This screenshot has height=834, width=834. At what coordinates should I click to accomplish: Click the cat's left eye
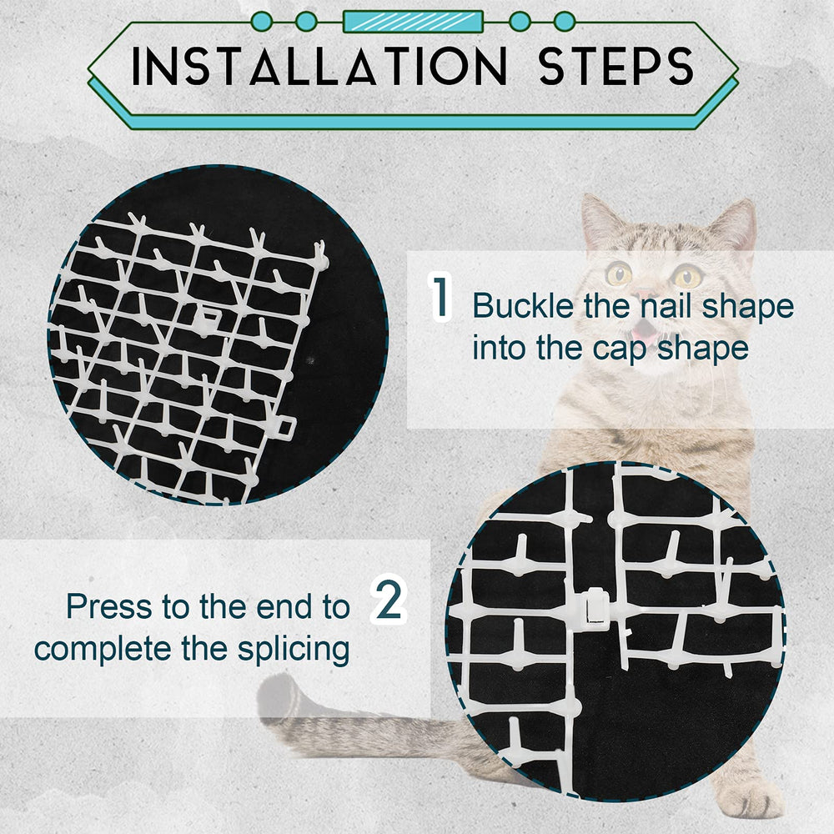[x=619, y=274]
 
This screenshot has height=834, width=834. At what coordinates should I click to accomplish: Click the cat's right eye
[x=687, y=276]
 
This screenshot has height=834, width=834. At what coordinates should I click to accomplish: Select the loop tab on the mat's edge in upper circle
[x=284, y=428]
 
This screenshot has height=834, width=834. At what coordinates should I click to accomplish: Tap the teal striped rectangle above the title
[x=413, y=21]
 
